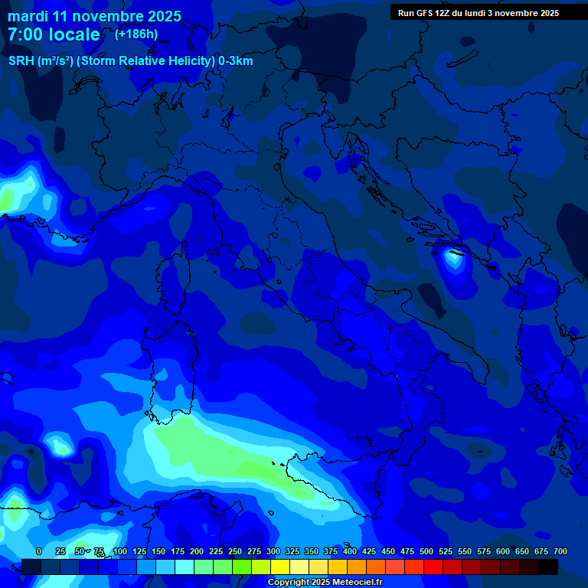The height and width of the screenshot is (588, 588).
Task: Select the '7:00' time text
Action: point(23,34)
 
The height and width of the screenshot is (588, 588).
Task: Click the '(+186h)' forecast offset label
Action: point(136,34)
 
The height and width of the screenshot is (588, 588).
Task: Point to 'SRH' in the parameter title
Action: point(22,60)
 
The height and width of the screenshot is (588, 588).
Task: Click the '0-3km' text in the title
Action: point(236,60)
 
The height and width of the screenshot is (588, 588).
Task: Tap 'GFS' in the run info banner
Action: point(427,13)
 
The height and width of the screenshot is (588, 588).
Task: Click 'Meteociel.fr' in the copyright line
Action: point(351,582)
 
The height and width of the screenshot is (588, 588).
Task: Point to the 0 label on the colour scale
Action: point(39,551)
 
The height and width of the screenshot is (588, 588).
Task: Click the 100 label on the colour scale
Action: point(120,551)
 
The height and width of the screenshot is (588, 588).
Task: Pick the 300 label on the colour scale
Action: point(273,551)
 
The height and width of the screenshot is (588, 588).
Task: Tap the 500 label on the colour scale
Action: point(426,551)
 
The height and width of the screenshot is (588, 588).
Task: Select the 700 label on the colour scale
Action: point(560,551)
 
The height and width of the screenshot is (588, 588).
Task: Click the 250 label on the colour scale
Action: point(235,551)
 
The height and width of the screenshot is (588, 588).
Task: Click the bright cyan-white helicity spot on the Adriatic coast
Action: point(454,259)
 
